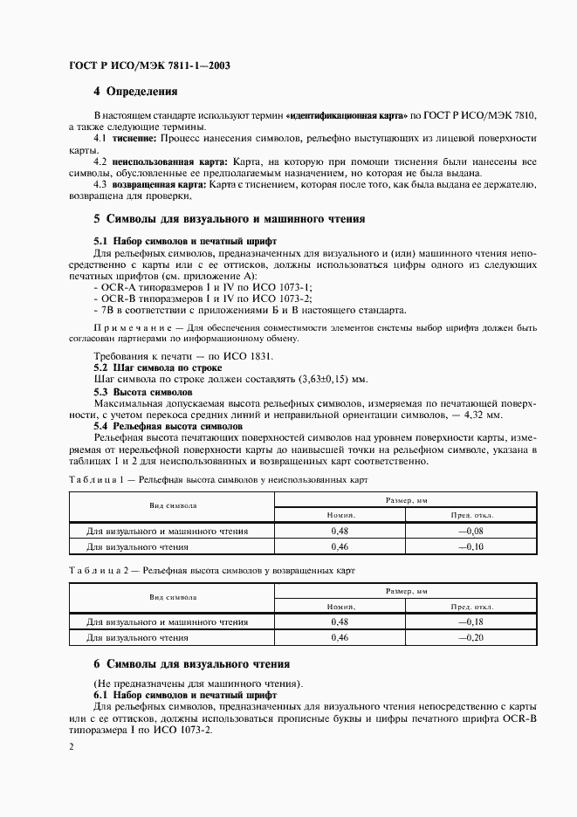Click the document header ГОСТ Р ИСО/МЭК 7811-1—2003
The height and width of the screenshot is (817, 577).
pos(148,65)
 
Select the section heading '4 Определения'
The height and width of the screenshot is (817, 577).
pos(135,92)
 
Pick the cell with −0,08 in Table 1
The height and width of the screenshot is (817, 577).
pos(471,531)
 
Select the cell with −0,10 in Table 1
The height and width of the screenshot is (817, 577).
pos(471,546)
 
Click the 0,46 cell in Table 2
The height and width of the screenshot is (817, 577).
pos(340,638)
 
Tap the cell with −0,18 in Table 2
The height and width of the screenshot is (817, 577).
pos(471,622)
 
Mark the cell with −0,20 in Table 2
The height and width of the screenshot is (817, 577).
pos(471,638)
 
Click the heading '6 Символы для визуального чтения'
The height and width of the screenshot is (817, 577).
pos(191,664)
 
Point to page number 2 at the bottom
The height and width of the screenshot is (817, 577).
pos(72,747)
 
